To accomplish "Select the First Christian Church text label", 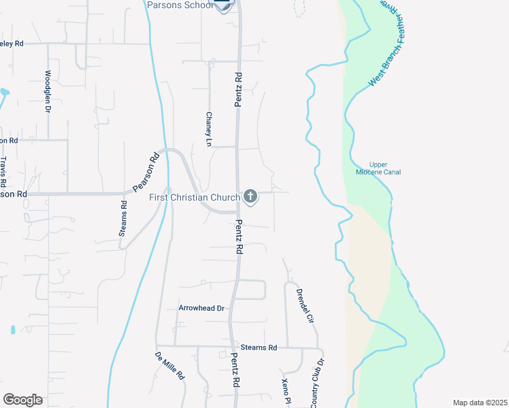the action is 195,198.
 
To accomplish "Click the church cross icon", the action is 250,197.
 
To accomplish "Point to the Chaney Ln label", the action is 209,129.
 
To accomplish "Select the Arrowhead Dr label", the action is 201,308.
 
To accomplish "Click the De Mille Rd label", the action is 170,366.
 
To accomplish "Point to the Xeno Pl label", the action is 286,392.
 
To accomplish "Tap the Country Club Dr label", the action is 317,384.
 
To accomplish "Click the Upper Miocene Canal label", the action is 378,168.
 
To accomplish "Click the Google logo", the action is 22,400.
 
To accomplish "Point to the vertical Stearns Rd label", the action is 123,218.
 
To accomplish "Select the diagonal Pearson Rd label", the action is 146,173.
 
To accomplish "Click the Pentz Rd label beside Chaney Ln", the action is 238,88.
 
